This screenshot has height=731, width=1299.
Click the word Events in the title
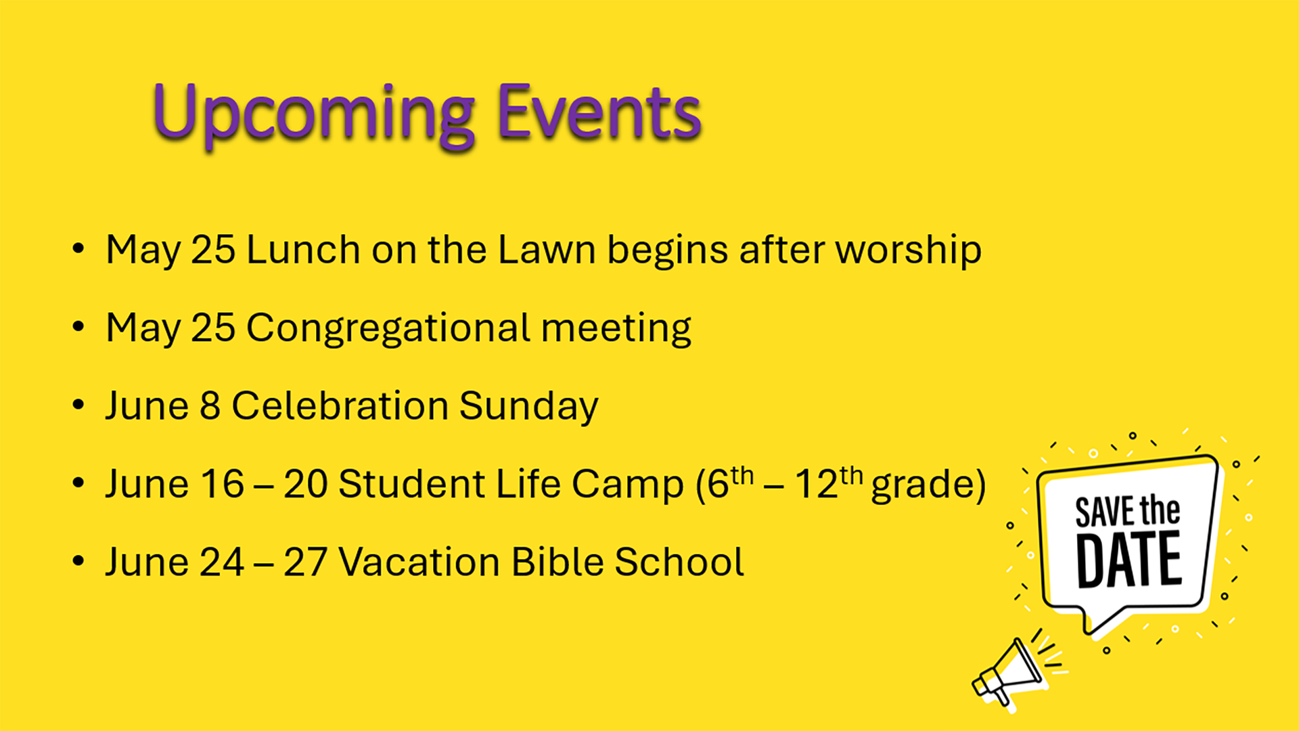(599, 112)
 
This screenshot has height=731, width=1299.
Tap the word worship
(909, 251)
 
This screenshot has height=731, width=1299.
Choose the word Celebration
(340, 405)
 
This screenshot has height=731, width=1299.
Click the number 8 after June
(210, 406)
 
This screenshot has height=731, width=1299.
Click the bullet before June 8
(78, 405)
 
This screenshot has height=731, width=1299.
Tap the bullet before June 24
(78, 561)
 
